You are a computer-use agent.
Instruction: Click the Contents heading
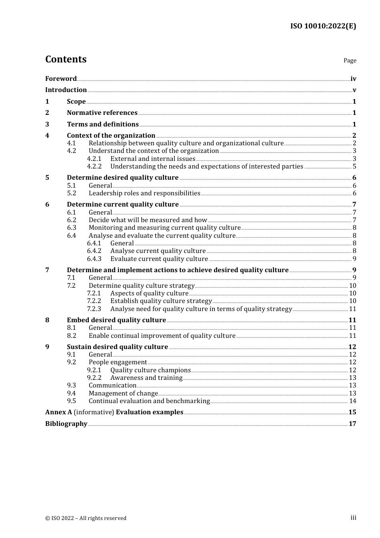(66, 59)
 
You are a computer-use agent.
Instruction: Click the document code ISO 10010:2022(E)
(323, 26)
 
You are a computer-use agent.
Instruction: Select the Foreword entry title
(61, 79)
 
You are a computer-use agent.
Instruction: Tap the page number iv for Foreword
(353, 79)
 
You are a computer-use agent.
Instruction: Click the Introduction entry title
(66, 90)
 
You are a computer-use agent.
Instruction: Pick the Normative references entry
(102, 113)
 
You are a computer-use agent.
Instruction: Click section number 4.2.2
(94, 167)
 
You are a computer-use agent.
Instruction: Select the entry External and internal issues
(153, 159)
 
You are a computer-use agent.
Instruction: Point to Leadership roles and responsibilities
(144, 193)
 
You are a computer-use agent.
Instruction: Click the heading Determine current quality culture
(122, 205)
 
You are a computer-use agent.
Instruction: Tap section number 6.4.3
(94, 259)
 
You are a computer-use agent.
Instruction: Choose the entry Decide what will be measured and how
(148, 220)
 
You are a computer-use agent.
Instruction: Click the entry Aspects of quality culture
(149, 293)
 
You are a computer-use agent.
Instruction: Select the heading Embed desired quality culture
(116, 320)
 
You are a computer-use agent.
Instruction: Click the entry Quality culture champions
(150, 370)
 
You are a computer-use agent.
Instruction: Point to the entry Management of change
(123, 393)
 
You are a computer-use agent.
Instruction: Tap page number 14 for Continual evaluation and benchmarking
(352, 401)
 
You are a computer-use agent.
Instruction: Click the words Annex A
(59, 412)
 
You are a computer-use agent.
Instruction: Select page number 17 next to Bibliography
(352, 424)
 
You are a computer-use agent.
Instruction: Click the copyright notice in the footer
(86, 518)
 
